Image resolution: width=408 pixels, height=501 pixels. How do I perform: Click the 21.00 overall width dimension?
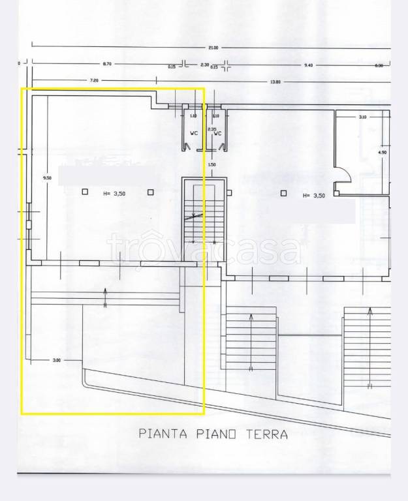[213, 48]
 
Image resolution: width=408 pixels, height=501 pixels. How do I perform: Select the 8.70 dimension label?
[106, 64]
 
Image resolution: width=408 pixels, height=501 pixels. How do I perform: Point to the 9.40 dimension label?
[309, 65]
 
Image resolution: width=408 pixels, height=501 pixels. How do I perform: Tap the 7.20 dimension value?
[94, 80]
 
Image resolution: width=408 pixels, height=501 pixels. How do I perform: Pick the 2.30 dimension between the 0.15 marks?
[204, 64]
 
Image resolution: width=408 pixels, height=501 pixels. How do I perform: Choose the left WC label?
[193, 134]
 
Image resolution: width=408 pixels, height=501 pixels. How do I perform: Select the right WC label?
[218, 134]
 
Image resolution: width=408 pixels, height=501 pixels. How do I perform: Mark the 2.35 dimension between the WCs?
[211, 129]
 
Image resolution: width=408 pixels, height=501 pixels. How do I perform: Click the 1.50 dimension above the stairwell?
[212, 164]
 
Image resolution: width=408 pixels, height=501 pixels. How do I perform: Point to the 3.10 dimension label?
[362, 117]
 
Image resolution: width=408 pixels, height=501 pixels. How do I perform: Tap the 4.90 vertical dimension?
[383, 152]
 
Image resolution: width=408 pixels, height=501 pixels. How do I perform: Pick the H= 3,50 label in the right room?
[316, 195]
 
